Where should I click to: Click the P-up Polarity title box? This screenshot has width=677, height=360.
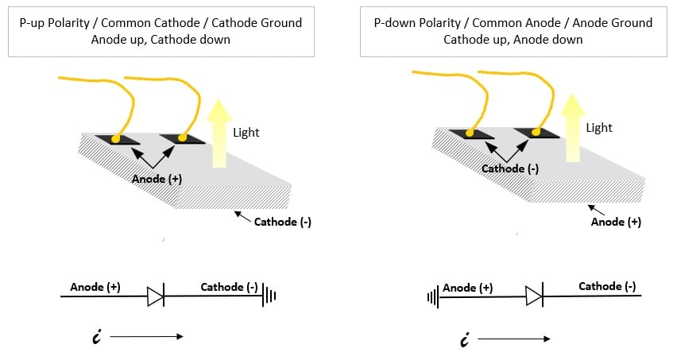click(x=161, y=31)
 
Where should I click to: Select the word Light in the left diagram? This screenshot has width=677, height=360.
click(x=246, y=133)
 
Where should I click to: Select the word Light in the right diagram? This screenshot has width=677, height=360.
click(x=599, y=127)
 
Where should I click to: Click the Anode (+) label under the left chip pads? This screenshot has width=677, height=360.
click(x=157, y=179)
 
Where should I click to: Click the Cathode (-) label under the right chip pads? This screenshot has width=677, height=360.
click(x=509, y=168)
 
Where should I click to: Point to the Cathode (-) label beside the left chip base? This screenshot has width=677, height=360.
click(x=282, y=222)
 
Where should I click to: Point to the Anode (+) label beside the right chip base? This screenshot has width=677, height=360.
click(x=616, y=222)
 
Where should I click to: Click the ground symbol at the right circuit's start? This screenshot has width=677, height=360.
click(x=433, y=298)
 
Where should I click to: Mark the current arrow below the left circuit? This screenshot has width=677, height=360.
click(x=146, y=336)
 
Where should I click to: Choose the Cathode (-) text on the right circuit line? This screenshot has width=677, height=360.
click(x=606, y=286)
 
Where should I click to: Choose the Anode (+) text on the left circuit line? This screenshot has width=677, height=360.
click(x=95, y=287)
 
